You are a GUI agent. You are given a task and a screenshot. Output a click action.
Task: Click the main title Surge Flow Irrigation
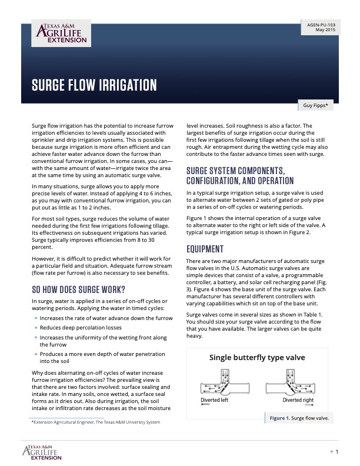(94, 86)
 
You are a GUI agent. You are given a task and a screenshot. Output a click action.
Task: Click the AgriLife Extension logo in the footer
(42, 451)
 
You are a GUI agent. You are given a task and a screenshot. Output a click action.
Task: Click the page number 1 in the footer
(336, 451)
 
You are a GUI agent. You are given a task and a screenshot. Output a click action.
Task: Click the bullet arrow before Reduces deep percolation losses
(36, 328)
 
